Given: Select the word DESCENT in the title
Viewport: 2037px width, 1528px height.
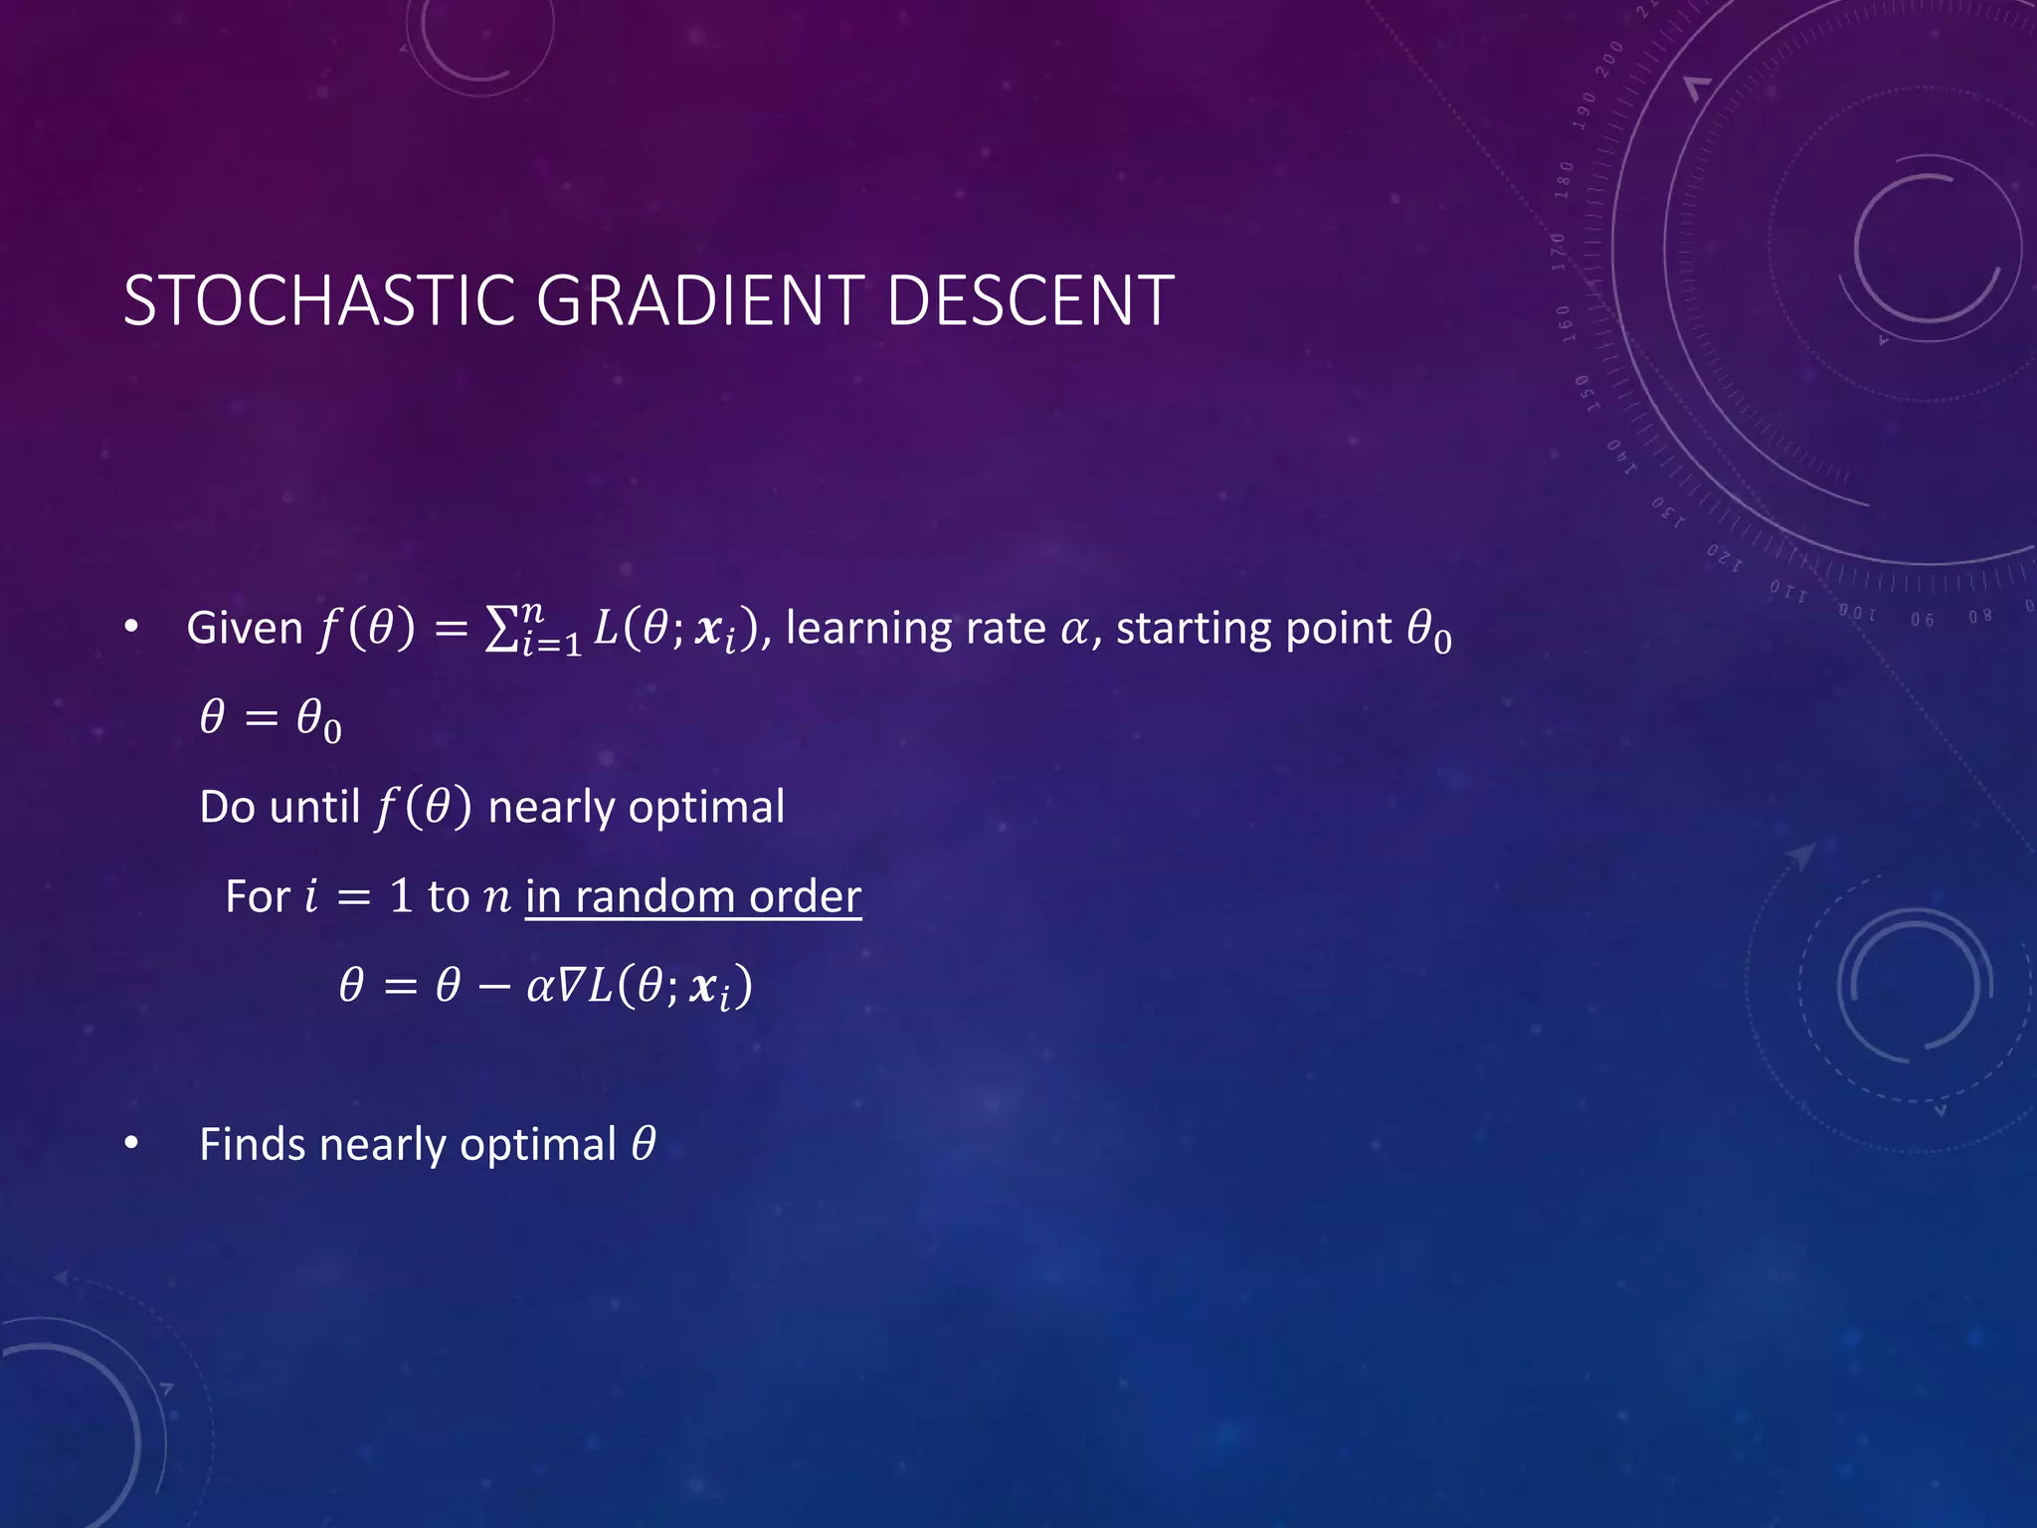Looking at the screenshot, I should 1029,300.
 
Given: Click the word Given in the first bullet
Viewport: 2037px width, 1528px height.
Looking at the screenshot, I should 245,629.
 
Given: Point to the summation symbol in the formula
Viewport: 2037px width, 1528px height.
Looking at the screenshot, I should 500,631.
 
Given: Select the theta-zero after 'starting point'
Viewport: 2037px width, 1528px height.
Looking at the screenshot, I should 1428,631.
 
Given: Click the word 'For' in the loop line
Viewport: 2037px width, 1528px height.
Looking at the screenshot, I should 257,896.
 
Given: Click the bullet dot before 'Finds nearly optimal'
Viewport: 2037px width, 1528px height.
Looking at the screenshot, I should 131,1144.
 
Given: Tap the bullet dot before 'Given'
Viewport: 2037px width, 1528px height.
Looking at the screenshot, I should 131,628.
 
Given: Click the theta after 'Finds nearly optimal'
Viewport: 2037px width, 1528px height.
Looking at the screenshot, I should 644,1144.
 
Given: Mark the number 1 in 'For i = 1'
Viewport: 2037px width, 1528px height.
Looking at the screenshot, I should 400,896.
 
